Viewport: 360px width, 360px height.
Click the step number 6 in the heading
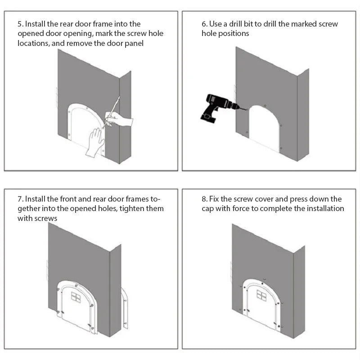pos(204,24)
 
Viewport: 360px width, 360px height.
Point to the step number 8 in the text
pos(204,199)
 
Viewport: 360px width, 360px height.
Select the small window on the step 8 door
pos(261,295)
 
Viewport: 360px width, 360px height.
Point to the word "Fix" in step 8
pos(214,199)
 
